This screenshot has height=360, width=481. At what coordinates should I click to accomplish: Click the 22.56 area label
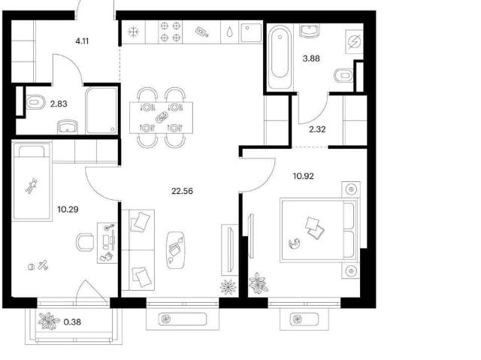182,192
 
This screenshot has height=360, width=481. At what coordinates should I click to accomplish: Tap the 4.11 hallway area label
82,41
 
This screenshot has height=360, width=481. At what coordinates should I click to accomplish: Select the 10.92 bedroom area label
304,177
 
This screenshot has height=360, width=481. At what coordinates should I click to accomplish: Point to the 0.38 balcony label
72,322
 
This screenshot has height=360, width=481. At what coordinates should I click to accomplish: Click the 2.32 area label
317,129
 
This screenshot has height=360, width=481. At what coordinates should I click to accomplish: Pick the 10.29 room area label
68,210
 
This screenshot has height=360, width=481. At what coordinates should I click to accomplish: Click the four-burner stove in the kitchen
171,32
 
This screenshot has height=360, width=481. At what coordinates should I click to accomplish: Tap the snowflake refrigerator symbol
134,32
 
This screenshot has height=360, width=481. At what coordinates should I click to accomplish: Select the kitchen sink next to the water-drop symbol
251,32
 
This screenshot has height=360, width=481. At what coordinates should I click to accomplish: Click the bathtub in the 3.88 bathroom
280,57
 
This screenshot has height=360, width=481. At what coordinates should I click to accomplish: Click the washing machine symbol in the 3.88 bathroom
355,41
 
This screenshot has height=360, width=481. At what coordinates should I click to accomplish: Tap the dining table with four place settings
161,118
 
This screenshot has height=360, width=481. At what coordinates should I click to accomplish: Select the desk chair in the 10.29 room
85,242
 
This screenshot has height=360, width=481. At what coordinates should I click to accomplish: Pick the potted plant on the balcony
48,321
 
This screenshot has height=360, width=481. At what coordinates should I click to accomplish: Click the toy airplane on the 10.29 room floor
43,265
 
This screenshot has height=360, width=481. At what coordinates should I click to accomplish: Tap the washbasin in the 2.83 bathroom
68,127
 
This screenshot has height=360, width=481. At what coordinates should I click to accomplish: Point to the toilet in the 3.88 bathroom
343,75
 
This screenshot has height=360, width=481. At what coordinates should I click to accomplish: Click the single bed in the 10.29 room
32,182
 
